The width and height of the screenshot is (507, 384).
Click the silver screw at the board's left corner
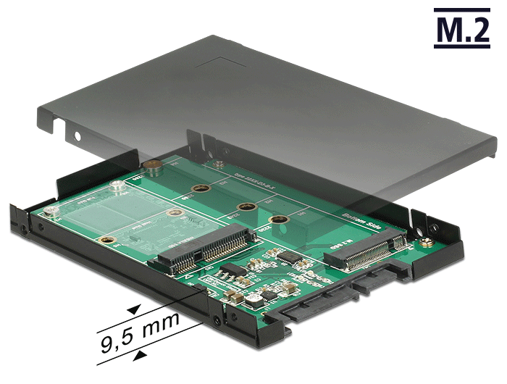pyautogui.click(x=50, y=211)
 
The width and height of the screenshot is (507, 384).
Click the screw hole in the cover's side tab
pyautogui.click(x=77, y=135)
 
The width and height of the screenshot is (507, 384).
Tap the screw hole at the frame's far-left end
pyautogui.click(x=24, y=230)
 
